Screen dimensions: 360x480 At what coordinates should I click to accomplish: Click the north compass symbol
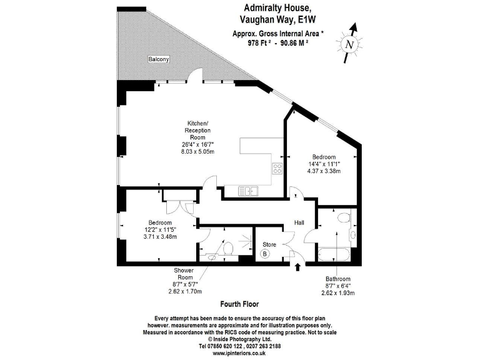(x=349, y=42)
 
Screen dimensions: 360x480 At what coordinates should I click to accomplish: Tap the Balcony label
(x=157, y=59)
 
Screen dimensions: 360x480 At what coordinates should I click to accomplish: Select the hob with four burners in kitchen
(x=277, y=167)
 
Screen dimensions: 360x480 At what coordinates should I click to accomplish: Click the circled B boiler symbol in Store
(x=264, y=254)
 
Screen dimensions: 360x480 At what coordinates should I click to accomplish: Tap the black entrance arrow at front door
(x=297, y=267)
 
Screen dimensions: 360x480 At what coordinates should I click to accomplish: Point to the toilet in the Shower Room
(x=229, y=249)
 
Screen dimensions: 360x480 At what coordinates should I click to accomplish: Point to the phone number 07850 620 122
(x=224, y=346)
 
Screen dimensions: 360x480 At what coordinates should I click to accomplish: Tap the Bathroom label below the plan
(x=338, y=278)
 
